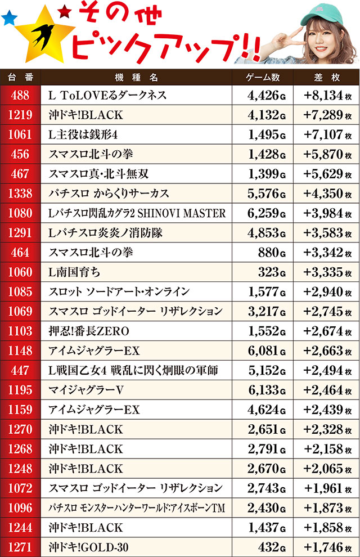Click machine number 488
click(x=20, y=96)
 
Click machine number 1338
click(x=20, y=194)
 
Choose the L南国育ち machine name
click(x=75, y=272)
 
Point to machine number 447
click(x=20, y=370)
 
